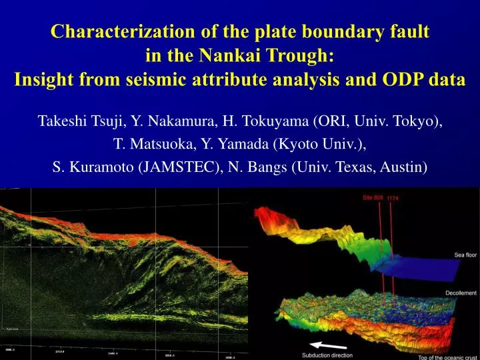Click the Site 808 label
coord(373,197)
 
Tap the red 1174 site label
coord(393,197)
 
